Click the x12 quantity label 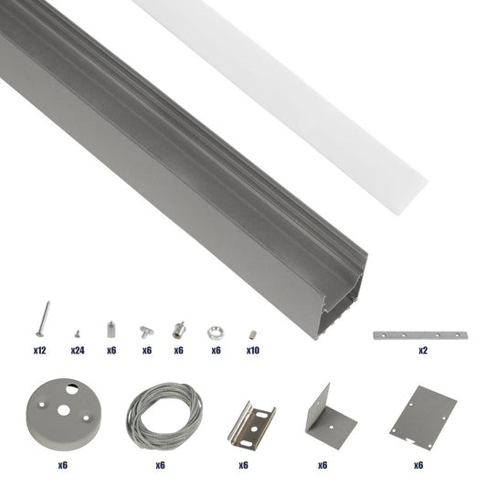[x=40, y=350]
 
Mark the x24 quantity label [x=78, y=350]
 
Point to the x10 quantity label [x=253, y=350]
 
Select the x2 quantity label [x=422, y=350]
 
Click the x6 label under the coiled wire [x=158, y=464]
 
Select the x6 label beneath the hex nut [x=217, y=350]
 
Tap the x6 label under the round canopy [x=62, y=464]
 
